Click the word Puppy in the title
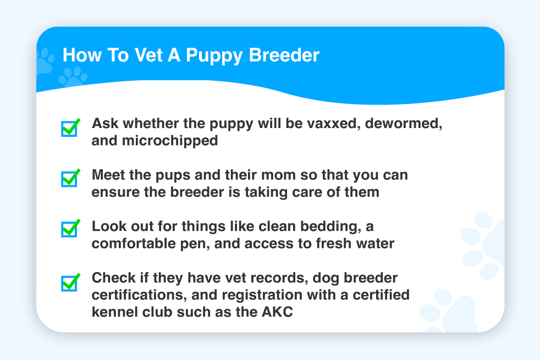coord(214,56)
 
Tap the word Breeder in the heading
coord(284,55)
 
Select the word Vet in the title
coord(148,55)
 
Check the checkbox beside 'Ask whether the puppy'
coord(70,128)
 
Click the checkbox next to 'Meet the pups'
coord(70,178)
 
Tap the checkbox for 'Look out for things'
coord(70,229)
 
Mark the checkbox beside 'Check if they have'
coord(70,283)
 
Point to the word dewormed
coord(404,124)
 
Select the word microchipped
coord(170,141)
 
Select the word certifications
coord(140,295)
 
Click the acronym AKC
coord(277,312)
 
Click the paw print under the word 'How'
coord(73,76)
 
